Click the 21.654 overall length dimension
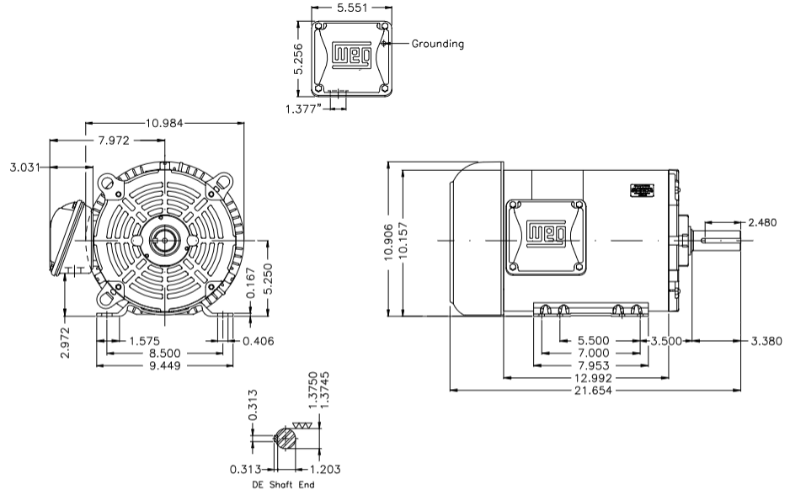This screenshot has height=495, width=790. click(594, 391)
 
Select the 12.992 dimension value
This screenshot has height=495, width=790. click(594, 379)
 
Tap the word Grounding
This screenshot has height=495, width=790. click(437, 44)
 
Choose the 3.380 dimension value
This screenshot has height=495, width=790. click(766, 341)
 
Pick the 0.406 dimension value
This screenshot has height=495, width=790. click(258, 341)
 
